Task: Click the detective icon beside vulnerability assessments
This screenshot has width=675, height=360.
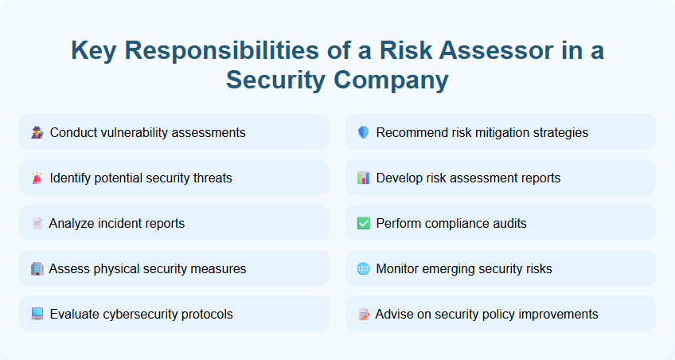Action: pyautogui.click(x=37, y=132)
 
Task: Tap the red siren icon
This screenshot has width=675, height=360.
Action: pyautogui.click(x=37, y=178)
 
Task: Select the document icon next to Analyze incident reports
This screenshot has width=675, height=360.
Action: pyautogui.click(x=37, y=223)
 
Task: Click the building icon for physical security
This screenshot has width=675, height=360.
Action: pyautogui.click(x=37, y=268)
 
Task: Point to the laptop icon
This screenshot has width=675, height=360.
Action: pyautogui.click(x=37, y=314)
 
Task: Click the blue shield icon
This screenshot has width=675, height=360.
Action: pyautogui.click(x=364, y=132)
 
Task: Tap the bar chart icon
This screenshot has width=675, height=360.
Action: pyautogui.click(x=364, y=178)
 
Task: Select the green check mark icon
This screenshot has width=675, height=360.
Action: pyautogui.click(x=364, y=223)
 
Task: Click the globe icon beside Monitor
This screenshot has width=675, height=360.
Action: pyautogui.click(x=364, y=268)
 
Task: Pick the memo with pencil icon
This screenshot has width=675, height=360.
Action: pyautogui.click(x=364, y=314)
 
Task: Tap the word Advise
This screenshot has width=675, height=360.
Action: pyautogui.click(x=394, y=314)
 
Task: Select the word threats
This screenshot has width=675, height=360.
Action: pyautogui.click(x=210, y=178)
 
